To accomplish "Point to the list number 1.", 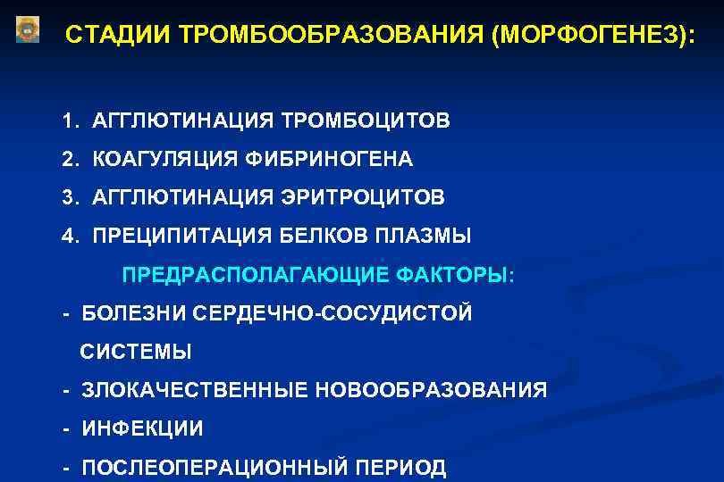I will pyautogui.click(x=68, y=120).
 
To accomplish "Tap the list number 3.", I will pyautogui.click(x=69, y=197).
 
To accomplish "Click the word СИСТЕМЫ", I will pyautogui.click(x=136, y=352).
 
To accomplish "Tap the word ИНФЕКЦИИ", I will pyautogui.click(x=142, y=428).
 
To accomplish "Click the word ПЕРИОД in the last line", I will pyautogui.click(x=400, y=467).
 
